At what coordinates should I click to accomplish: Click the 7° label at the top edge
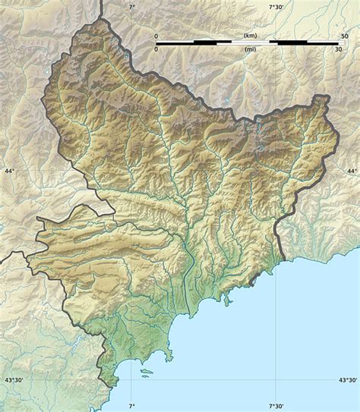pyautogui.click(x=131, y=7)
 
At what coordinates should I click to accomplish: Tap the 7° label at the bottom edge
pyautogui.click(x=131, y=406)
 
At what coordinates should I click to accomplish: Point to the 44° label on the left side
pyautogui.click(x=10, y=172)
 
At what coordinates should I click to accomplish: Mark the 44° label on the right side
pyautogui.click(x=351, y=172)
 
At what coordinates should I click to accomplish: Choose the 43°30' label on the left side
pyautogui.click(x=14, y=381)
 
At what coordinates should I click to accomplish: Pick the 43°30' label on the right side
pyautogui.click(x=347, y=381)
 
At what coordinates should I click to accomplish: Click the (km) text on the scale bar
pyautogui.click(x=250, y=36)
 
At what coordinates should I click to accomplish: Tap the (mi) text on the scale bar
pyautogui.click(x=250, y=49)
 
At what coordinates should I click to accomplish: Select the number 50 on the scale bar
pyautogui.click(x=345, y=36)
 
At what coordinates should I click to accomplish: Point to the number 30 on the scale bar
pyautogui.click(x=338, y=49)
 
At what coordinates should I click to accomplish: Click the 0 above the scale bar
pyautogui.click(x=156, y=36)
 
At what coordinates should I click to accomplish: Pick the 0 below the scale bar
pyautogui.click(x=156, y=49)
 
